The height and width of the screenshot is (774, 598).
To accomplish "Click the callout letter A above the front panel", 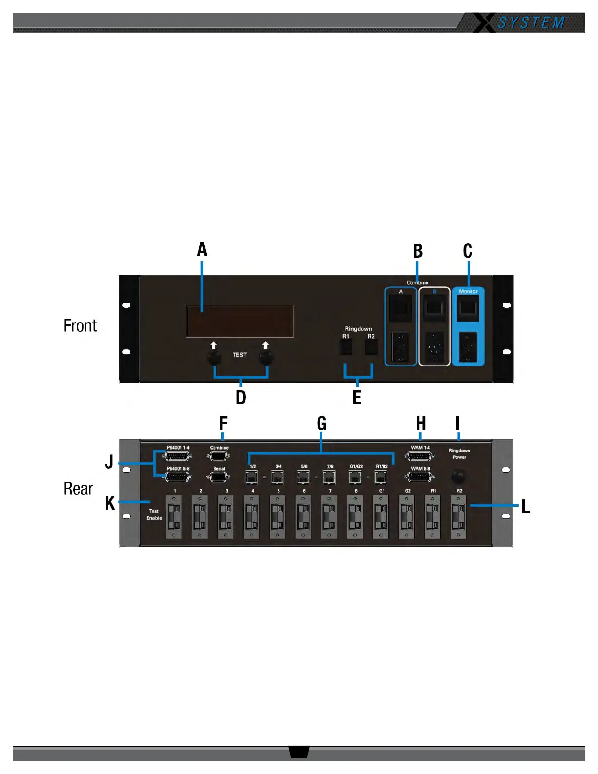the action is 202,250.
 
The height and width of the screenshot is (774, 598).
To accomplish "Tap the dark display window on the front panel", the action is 239,321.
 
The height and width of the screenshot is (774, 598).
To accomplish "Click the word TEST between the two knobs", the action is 239,355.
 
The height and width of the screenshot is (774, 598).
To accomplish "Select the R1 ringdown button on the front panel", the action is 346,346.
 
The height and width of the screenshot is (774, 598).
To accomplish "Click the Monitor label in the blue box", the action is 468,292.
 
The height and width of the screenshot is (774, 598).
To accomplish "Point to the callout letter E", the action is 357,397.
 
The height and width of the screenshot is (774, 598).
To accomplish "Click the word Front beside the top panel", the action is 80,326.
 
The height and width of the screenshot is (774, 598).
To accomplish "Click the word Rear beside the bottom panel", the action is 78,488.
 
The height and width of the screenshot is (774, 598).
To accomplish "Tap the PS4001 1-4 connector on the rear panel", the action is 177,456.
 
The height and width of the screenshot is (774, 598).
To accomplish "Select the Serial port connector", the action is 218,477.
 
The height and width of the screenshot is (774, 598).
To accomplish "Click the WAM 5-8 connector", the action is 420,477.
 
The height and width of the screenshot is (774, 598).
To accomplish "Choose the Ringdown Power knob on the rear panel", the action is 458,475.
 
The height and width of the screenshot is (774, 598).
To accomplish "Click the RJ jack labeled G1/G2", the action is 355,476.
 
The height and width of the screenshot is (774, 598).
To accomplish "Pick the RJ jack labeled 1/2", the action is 252,476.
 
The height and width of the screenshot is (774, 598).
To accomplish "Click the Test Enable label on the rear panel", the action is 154,515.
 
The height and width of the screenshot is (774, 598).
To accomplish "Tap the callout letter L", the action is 526,506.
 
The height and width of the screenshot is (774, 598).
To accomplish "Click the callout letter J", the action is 109,461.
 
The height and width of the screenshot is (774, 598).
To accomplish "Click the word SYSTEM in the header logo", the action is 531,23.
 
